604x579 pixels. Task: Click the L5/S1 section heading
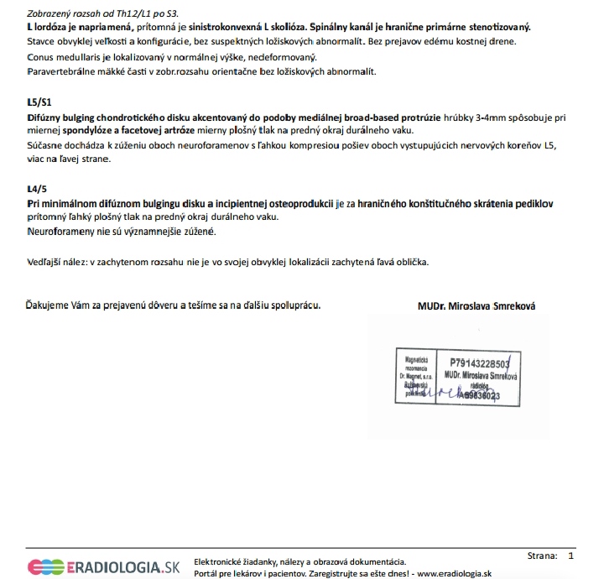[39, 102]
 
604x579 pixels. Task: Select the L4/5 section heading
[37, 190]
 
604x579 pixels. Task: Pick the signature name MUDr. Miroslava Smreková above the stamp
[476, 306]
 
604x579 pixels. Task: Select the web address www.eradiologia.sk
[453, 573]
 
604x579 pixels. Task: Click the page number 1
[571, 556]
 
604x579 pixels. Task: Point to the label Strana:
[543, 556]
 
